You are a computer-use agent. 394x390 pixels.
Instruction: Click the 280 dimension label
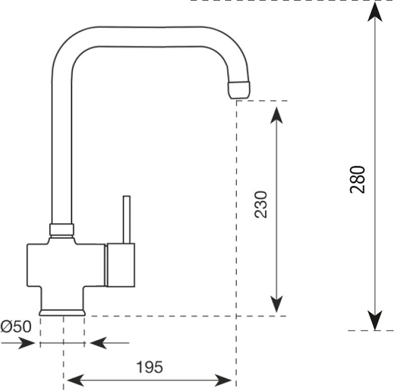point(357,179)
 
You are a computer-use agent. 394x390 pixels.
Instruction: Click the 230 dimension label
point(260,205)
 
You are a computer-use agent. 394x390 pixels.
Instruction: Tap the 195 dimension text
point(149,368)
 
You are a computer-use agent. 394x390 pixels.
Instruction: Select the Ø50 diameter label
point(16,327)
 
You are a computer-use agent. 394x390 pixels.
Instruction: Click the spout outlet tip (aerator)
point(239,90)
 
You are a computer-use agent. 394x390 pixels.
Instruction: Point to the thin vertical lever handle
point(127,220)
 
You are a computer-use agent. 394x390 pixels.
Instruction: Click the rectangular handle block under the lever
point(121,265)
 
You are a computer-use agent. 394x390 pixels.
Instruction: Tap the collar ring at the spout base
point(62,230)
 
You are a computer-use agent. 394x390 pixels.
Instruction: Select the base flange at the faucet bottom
point(62,313)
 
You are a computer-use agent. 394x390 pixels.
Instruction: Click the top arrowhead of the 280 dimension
point(375,12)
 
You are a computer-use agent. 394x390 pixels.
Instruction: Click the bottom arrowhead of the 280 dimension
point(375,321)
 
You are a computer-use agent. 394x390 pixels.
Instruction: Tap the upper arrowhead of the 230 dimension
point(276,115)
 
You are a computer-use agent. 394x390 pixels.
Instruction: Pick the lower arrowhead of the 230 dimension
point(276,304)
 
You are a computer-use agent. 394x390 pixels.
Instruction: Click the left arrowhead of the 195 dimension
point(76,380)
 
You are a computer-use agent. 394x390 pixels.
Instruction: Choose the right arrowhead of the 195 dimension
point(223,380)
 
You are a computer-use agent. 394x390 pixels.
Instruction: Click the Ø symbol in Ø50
point(6,327)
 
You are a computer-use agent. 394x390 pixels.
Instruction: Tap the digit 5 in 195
point(158,368)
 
